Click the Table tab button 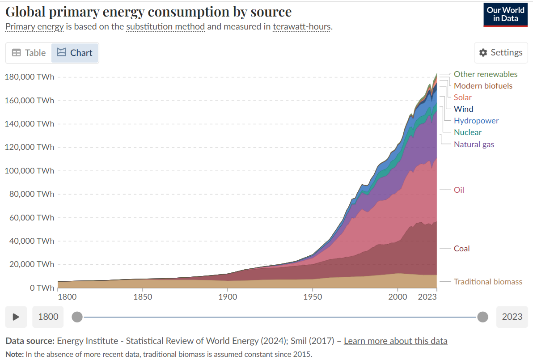click(x=29, y=53)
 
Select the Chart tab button click(x=75, y=53)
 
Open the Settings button click(x=501, y=52)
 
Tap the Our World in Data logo click(x=505, y=14)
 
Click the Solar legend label click(x=462, y=97)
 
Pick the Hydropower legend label click(x=476, y=120)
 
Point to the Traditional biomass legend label click(x=487, y=281)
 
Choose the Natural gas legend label click(x=474, y=144)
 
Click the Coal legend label click(x=461, y=248)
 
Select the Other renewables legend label click(x=485, y=74)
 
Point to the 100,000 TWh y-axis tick click(x=29, y=170)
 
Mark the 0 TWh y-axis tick click(x=42, y=288)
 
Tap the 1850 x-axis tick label click(x=142, y=296)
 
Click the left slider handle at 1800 click(x=77, y=317)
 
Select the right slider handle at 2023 click(x=482, y=317)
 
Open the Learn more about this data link click(x=395, y=341)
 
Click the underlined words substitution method click(x=165, y=26)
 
